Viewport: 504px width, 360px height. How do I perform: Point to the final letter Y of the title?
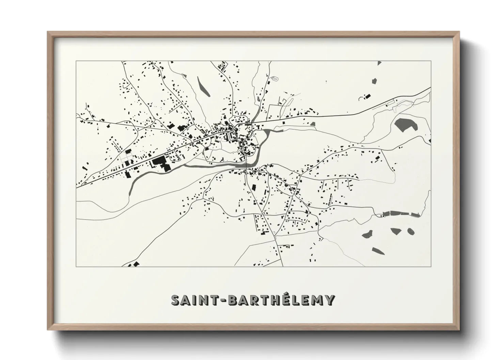point(329,300)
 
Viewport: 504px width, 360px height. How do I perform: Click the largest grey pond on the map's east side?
point(406,124)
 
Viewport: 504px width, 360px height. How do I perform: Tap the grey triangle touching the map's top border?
point(379,62)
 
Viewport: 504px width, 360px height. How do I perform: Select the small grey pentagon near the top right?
point(374,81)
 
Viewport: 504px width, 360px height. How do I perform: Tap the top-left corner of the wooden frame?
point(48,32)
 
